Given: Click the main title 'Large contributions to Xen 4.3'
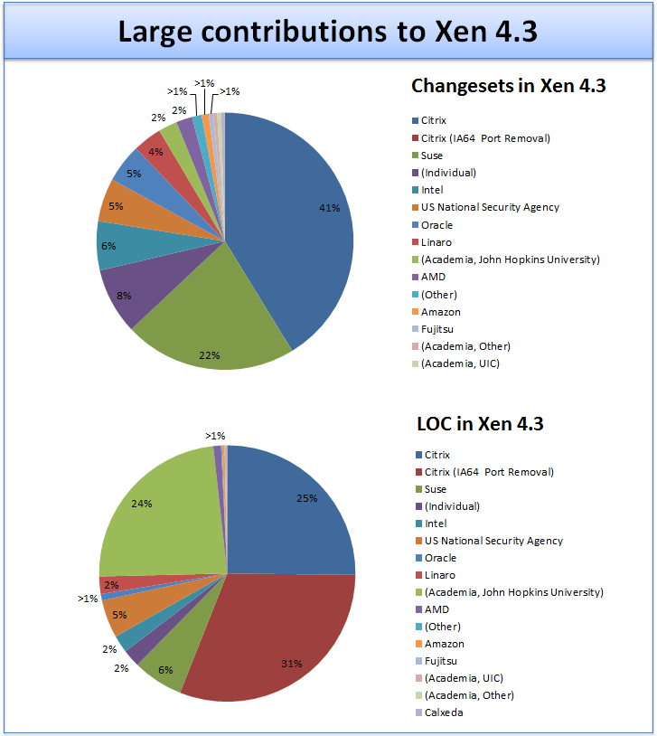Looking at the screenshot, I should click(x=328, y=31).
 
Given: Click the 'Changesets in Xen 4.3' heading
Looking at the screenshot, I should click(x=508, y=86).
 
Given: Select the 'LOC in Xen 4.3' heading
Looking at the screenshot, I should click(x=479, y=422).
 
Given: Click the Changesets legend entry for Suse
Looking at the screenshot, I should click(x=432, y=156).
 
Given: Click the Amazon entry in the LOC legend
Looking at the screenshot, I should click(x=444, y=644).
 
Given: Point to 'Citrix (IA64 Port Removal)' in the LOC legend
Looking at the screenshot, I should click(x=489, y=472).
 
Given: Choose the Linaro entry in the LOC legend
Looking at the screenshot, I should click(x=439, y=575).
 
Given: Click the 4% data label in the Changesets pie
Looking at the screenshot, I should click(x=155, y=151).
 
